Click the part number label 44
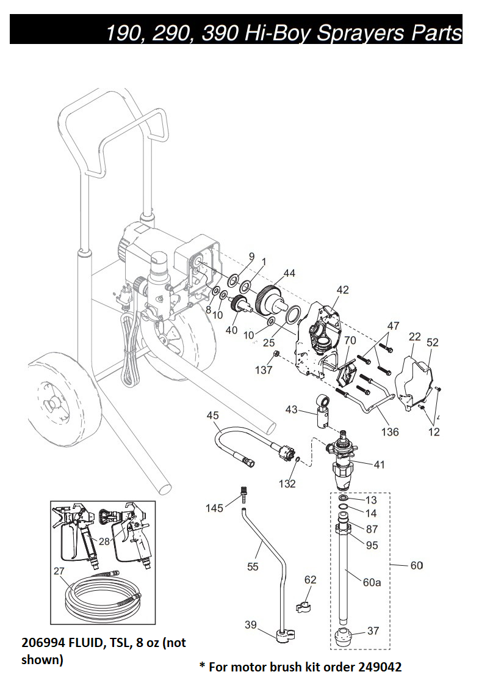click(289, 273)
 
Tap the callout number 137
click(264, 370)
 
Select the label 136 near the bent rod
click(390, 432)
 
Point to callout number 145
click(214, 508)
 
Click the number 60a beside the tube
click(372, 583)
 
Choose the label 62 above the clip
click(311, 580)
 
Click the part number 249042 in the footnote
click(380, 667)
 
